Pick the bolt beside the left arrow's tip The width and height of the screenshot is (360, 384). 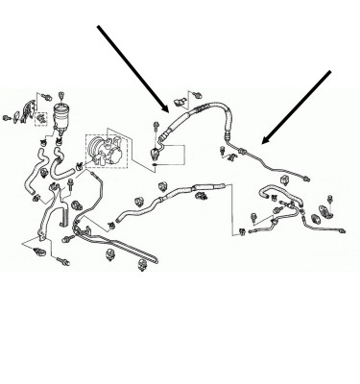(x=156, y=125)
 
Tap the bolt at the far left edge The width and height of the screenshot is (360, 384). (x=8, y=118)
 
